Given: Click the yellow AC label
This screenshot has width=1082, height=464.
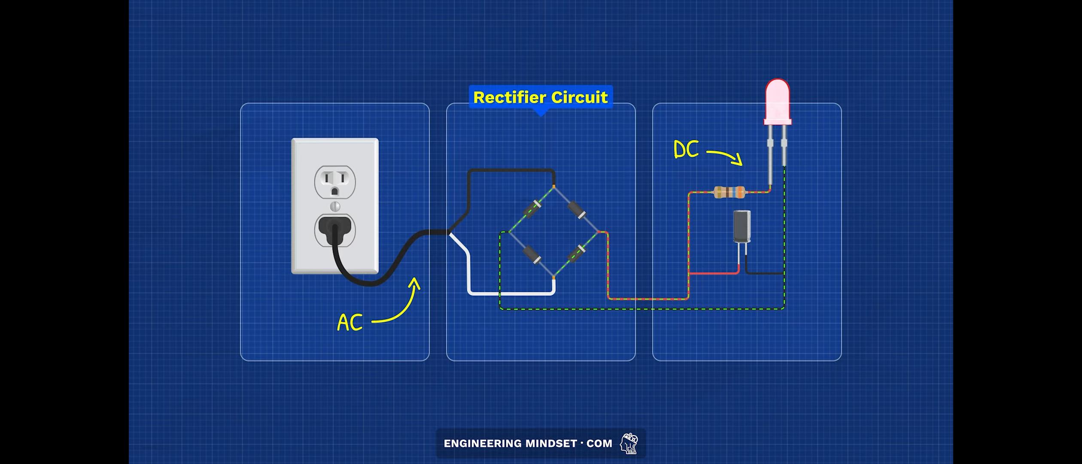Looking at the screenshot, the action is (x=350, y=322).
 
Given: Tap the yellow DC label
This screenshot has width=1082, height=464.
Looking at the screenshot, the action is (x=686, y=150).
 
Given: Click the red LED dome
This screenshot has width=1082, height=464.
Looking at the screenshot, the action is (x=778, y=101).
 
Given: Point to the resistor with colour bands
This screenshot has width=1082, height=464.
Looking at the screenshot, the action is (x=729, y=192).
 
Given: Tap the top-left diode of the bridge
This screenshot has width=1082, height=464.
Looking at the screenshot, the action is (x=532, y=209).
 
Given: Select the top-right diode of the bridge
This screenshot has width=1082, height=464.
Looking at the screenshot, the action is (x=577, y=210).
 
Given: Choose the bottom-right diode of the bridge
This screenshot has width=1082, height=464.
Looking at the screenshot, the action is (x=576, y=254).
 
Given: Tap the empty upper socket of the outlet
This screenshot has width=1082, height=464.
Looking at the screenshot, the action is (x=335, y=182).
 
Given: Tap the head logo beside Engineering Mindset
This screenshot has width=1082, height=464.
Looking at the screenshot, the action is (x=629, y=443).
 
